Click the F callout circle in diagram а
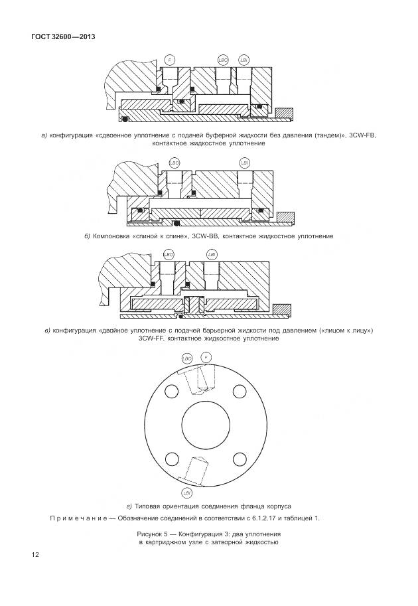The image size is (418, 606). [171, 60]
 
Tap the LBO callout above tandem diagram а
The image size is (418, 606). [224, 60]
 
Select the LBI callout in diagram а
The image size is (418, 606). [244, 60]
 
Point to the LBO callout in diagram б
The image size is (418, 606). [174, 162]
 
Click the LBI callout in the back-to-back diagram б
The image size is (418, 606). [244, 162]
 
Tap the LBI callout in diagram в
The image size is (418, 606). [212, 254]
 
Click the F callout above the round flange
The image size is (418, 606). [206, 358]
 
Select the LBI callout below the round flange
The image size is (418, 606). [187, 492]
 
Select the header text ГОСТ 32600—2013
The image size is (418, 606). [63, 37]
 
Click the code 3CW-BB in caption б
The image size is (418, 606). [205, 236]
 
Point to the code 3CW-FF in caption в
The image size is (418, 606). [152, 339]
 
